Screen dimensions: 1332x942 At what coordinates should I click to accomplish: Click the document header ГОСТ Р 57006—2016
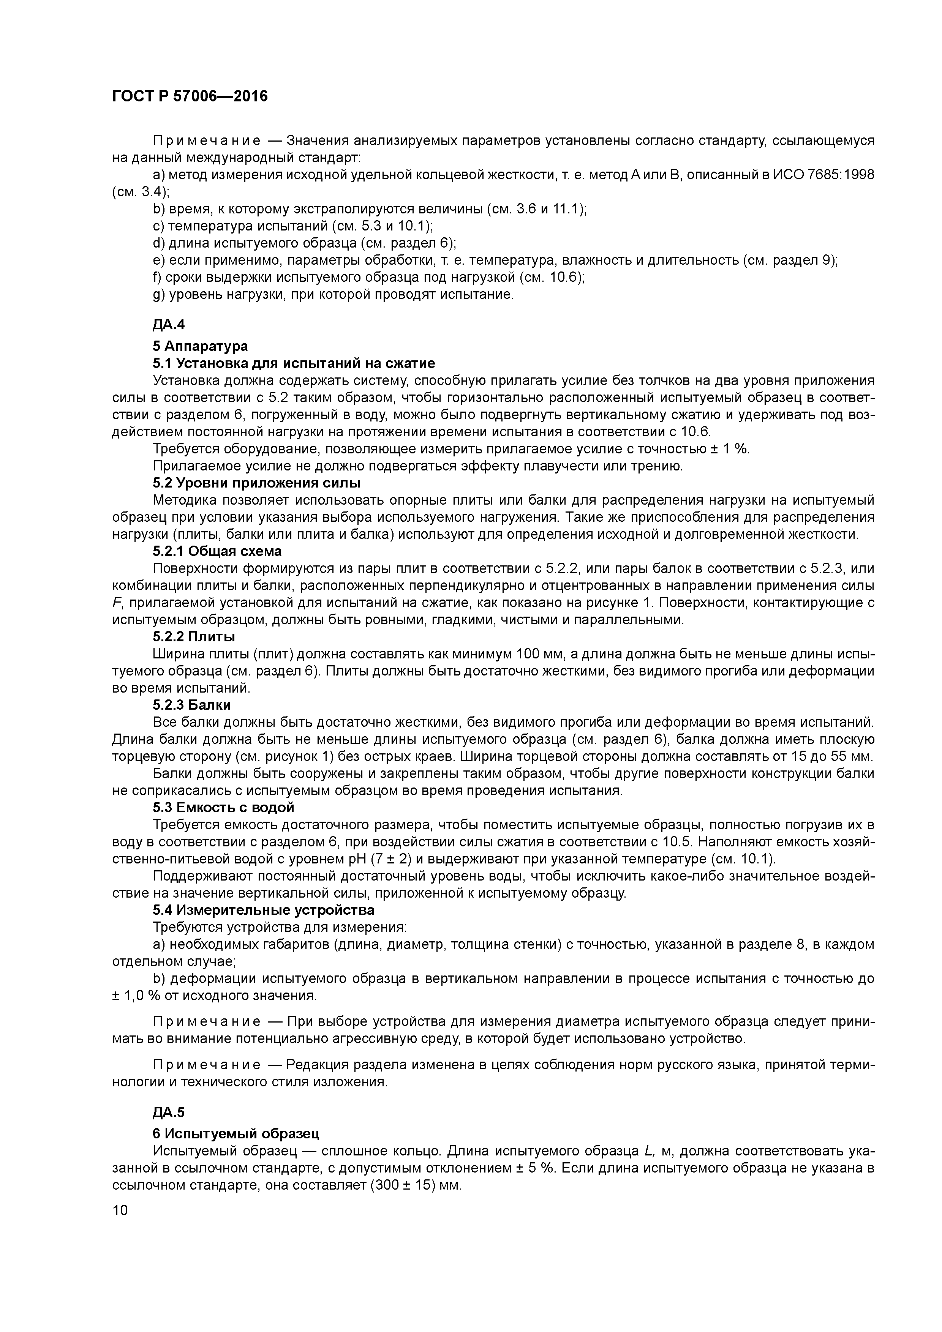tap(190, 96)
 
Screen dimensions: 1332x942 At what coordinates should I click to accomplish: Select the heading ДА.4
tap(168, 324)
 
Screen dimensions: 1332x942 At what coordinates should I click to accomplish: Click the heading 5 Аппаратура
tap(200, 346)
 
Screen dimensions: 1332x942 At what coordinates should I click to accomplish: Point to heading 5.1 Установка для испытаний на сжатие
tap(294, 363)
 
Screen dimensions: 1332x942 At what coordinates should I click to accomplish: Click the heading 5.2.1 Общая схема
tap(217, 551)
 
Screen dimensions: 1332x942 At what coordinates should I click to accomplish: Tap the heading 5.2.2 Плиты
tap(194, 636)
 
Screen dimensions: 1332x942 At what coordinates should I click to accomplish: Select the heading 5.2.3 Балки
tap(192, 705)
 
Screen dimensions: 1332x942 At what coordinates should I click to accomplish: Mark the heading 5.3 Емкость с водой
tap(223, 807)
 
